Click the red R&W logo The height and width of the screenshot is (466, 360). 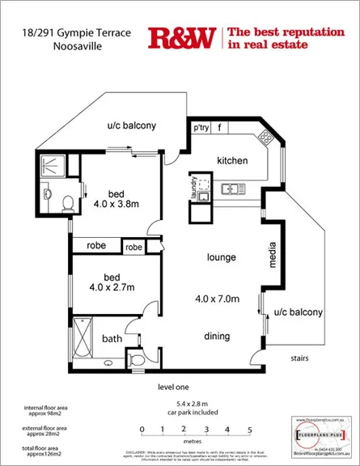point(182,37)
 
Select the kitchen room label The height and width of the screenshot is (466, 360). point(232,160)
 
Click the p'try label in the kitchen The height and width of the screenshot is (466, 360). point(201,129)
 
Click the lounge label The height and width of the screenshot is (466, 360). point(221,258)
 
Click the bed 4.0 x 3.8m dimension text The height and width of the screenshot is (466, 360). point(116,204)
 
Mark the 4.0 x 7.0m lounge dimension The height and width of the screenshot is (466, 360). point(218,299)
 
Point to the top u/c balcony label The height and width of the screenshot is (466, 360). point(132,126)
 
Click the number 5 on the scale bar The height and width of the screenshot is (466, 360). point(250,430)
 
